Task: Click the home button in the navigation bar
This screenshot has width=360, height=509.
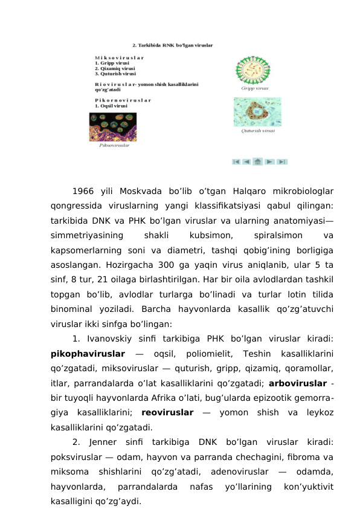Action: pyautogui.click(x=258, y=161)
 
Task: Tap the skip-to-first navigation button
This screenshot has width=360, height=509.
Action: pyautogui.click(x=236, y=161)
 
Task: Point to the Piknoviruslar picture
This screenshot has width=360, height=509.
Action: pyautogui.click(x=113, y=127)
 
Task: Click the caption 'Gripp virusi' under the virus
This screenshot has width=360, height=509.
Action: pyautogui.click(x=254, y=88)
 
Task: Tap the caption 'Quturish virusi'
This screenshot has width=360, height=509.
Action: pyautogui.click(x=259, y=130)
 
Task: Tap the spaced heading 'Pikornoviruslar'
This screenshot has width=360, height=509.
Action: pyautogui.click(x=123, y=100)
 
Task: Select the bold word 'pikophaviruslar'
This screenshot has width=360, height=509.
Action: pyautogui.click(x=88, y=352)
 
